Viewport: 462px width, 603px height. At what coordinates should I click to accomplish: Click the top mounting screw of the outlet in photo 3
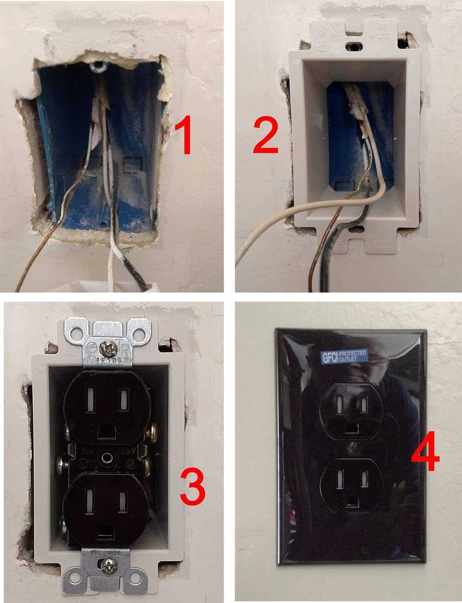[x=110, y=333]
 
